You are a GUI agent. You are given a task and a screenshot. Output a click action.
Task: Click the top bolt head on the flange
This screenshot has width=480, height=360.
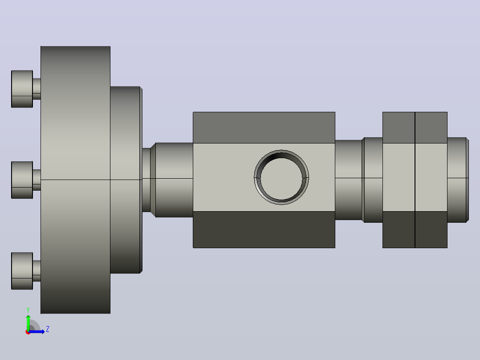22,89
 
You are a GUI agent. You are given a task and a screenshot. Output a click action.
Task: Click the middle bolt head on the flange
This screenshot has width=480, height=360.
22,180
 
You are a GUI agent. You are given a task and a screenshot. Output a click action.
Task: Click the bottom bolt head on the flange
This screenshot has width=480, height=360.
22,271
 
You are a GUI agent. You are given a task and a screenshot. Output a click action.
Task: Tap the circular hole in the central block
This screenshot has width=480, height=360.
281,177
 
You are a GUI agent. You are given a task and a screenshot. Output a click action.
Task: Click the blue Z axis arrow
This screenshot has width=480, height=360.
37,331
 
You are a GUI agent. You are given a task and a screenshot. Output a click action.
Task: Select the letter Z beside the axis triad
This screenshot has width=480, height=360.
48,329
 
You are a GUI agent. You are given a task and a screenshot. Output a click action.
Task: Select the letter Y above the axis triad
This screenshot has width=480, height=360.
28,310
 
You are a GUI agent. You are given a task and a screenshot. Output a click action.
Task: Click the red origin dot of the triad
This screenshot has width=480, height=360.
28,332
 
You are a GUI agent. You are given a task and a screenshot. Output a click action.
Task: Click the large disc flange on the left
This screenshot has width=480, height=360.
75,180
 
